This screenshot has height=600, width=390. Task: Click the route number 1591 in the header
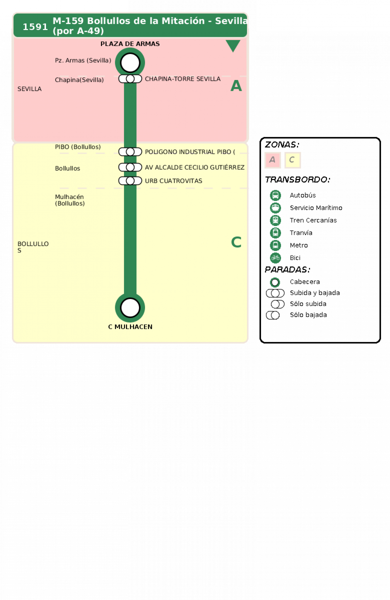[x=35, y=27]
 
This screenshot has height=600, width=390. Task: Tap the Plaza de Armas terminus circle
[x=130, y=63]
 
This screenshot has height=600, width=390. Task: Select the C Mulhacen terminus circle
[x=130, y=308]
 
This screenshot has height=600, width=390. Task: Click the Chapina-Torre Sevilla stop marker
[x=130, y=79]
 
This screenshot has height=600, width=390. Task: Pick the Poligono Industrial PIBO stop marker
[x=130, y=152]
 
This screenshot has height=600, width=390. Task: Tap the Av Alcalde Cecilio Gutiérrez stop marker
[x=130, y=167]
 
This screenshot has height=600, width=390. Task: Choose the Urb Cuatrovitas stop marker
[x=130, y=181]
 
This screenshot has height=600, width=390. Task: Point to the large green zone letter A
[x=236, y=86]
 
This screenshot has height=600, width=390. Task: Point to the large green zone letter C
[x=236, y=242]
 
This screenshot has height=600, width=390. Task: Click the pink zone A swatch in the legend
[x=272, y=160]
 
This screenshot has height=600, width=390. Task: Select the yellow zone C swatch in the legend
[x=292, y=160]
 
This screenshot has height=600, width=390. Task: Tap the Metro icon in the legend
[x=275, y=245]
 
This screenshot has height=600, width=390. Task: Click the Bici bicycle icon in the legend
[x=275, y=258]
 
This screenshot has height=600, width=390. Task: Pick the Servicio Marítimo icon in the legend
[x=275, y=208]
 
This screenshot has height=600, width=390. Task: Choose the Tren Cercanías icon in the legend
[x=275, y=220]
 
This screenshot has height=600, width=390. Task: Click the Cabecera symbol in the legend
[x=275, y=282]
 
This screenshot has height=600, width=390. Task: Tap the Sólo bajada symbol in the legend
[x=273, y=315]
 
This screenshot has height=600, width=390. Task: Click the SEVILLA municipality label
[x=30, y=89]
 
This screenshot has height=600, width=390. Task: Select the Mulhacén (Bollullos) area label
[x=70, y=200]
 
